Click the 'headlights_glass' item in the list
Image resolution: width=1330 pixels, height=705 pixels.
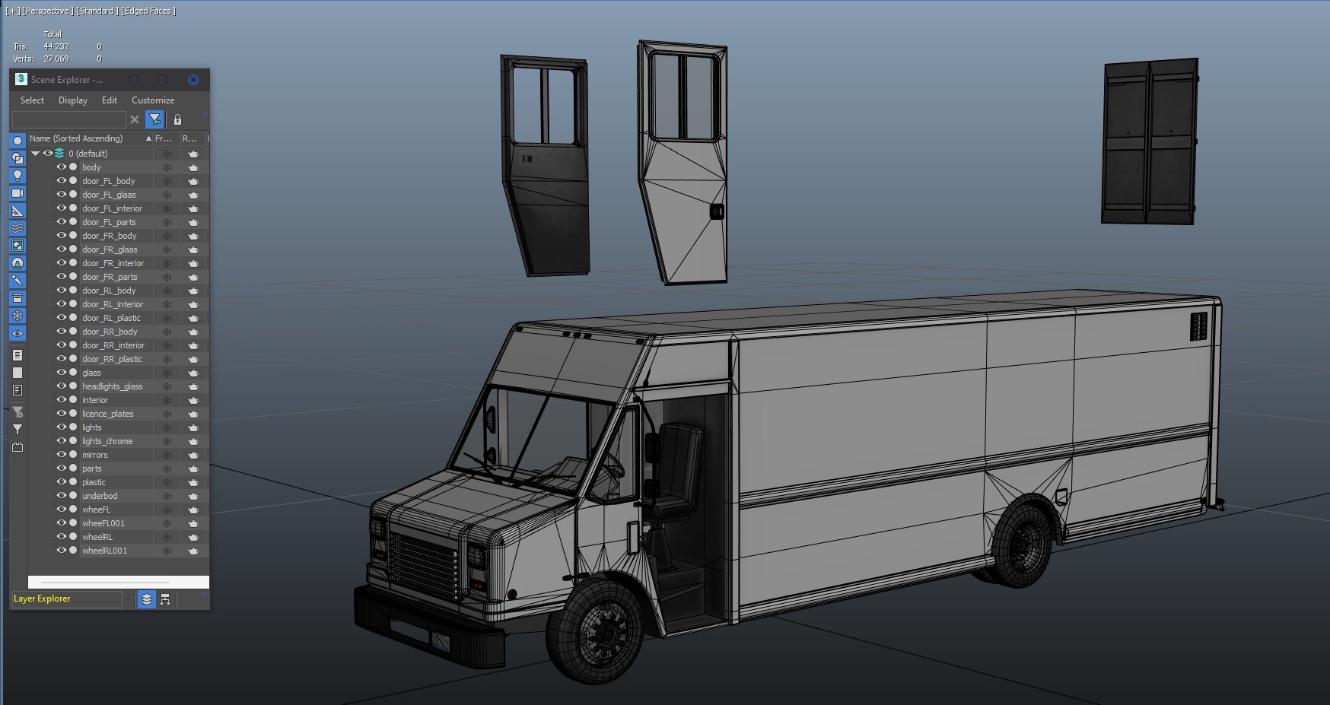pos(112,386)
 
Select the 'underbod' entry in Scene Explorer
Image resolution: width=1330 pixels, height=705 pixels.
pos(100,496)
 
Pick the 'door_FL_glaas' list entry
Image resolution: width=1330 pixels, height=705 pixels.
pos(109,195)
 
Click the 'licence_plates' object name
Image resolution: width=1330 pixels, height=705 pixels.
pos(107,414)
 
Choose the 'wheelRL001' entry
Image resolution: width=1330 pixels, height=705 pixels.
pos(104,551)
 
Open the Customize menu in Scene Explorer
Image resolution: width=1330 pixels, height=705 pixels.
pos(152,100)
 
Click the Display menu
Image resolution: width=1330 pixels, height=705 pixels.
pos(72,100)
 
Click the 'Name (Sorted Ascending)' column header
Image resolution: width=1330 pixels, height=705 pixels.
pos(76,138)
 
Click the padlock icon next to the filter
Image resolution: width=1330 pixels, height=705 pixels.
pos(177,119)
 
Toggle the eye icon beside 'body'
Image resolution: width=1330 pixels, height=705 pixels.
pos(62,167)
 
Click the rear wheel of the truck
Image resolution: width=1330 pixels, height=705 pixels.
pos(1021,544)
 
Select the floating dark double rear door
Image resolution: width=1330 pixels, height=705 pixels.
pos(1149,142)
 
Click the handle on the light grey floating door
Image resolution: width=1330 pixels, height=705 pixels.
pos(716,211)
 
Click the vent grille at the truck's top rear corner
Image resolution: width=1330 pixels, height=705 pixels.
pos(1198,326)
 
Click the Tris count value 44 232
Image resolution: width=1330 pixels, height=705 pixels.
pos(56,46)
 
